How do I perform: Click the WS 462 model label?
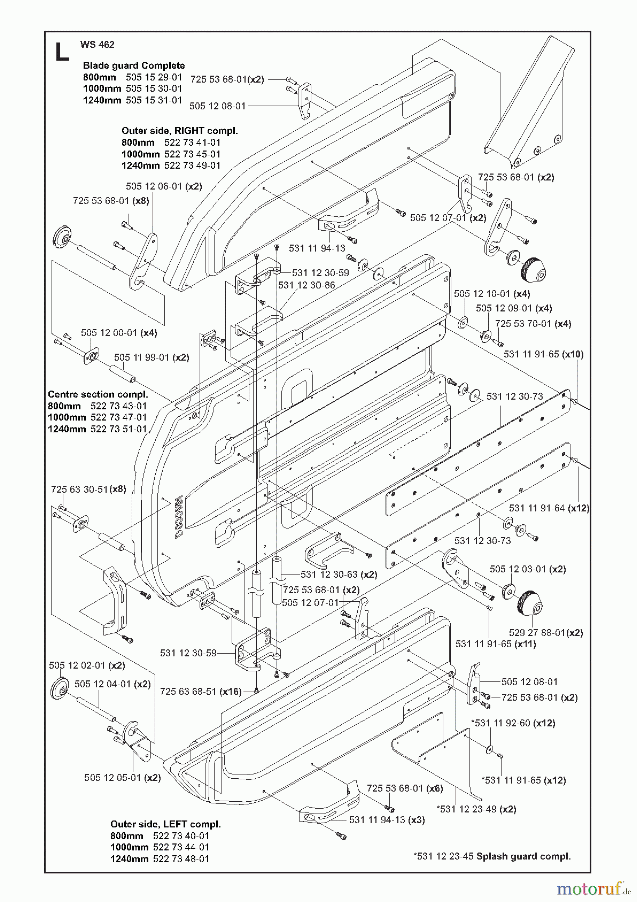tap(97, 44)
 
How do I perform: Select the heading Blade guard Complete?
tap(134, 66)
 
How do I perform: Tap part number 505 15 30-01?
tap(154, 88)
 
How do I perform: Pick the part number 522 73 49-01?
tap(192, 165)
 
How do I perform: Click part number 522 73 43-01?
tap(119, 406)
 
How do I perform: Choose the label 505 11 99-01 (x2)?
tap(151, 358)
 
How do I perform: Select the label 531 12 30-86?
tap(306, 285)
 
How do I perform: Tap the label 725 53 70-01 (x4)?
tap(533, 324)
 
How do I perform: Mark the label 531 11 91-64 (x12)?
tap(549, 508)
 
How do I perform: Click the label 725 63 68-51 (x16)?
tap(201, 692)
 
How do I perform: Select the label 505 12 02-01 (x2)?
tap(87, 665)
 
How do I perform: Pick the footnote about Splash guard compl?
tap(492, 856)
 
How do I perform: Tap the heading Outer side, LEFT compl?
tap(165, 824)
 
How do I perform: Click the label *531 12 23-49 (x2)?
tap(476, 809)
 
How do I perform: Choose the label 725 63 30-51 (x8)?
tap(88, 489)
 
